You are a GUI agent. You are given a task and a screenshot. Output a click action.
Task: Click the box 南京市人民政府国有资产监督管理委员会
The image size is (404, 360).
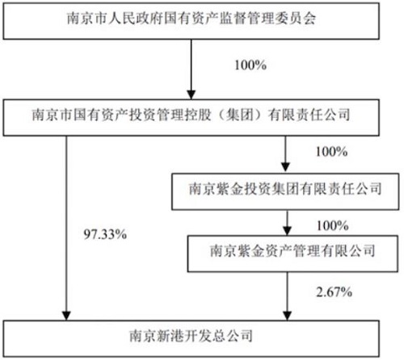[x=191, y=21]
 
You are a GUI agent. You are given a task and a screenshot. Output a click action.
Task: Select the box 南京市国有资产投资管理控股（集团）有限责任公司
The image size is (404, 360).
[x=191, y=117]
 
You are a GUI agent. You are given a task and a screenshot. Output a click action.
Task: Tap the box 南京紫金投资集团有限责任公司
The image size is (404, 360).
[x=285, y=191]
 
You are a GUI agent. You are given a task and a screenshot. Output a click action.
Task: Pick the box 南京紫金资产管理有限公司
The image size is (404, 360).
[x=292, y=253]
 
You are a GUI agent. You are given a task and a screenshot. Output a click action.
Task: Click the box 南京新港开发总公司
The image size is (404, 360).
[x=191, y=338]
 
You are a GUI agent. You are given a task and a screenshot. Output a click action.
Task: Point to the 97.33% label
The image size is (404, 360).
[x=105, y=235]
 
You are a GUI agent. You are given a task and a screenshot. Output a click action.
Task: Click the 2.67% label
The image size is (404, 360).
[x=335, y=292]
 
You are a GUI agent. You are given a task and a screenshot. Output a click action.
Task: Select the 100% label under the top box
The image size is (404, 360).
[x=250, y=65]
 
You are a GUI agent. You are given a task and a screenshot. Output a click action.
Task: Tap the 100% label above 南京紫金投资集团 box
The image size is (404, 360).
[x=331, y=152]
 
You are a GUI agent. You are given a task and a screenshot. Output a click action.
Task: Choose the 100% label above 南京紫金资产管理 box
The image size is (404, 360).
[x=333, y=225]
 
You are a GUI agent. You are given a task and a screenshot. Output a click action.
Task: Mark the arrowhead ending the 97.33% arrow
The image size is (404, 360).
[x=66, y=316]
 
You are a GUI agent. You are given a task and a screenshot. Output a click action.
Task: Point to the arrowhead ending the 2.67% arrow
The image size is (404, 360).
[x=287, y=316]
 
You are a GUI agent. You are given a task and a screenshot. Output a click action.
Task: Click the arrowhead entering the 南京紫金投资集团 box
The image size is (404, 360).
[x=285, y=167]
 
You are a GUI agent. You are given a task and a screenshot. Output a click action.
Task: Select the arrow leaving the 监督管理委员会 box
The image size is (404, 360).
[x=191, y=69]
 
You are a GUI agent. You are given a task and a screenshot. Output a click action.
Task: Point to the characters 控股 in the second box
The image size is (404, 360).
[x=198, y=115]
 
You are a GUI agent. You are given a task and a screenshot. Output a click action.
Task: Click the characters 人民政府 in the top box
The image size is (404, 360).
[x=136, y=19]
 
